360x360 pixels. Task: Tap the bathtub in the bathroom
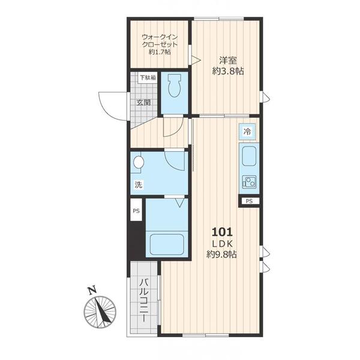click(167, 244)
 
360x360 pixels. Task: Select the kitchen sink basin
click(249, 157)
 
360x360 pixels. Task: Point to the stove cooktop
click(249, 182)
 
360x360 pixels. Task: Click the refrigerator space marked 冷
click(247, 132)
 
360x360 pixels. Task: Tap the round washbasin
click(139, 163)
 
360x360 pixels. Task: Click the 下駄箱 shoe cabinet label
click(148, 77)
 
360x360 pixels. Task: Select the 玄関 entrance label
click(144, 103)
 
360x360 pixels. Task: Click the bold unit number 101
click(222, 232)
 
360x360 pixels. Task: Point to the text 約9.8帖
click(221, 254)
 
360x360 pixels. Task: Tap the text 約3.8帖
click(228, 71)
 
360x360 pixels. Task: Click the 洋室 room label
click(228, 61)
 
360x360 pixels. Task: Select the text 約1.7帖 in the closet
click(160, 52)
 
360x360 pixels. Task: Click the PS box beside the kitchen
click(249, 202)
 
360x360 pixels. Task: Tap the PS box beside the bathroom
click(136, 211)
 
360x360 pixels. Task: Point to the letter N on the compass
click(92, 290)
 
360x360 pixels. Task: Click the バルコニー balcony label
click(144, 300)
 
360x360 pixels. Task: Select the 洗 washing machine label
click(139, 185)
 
